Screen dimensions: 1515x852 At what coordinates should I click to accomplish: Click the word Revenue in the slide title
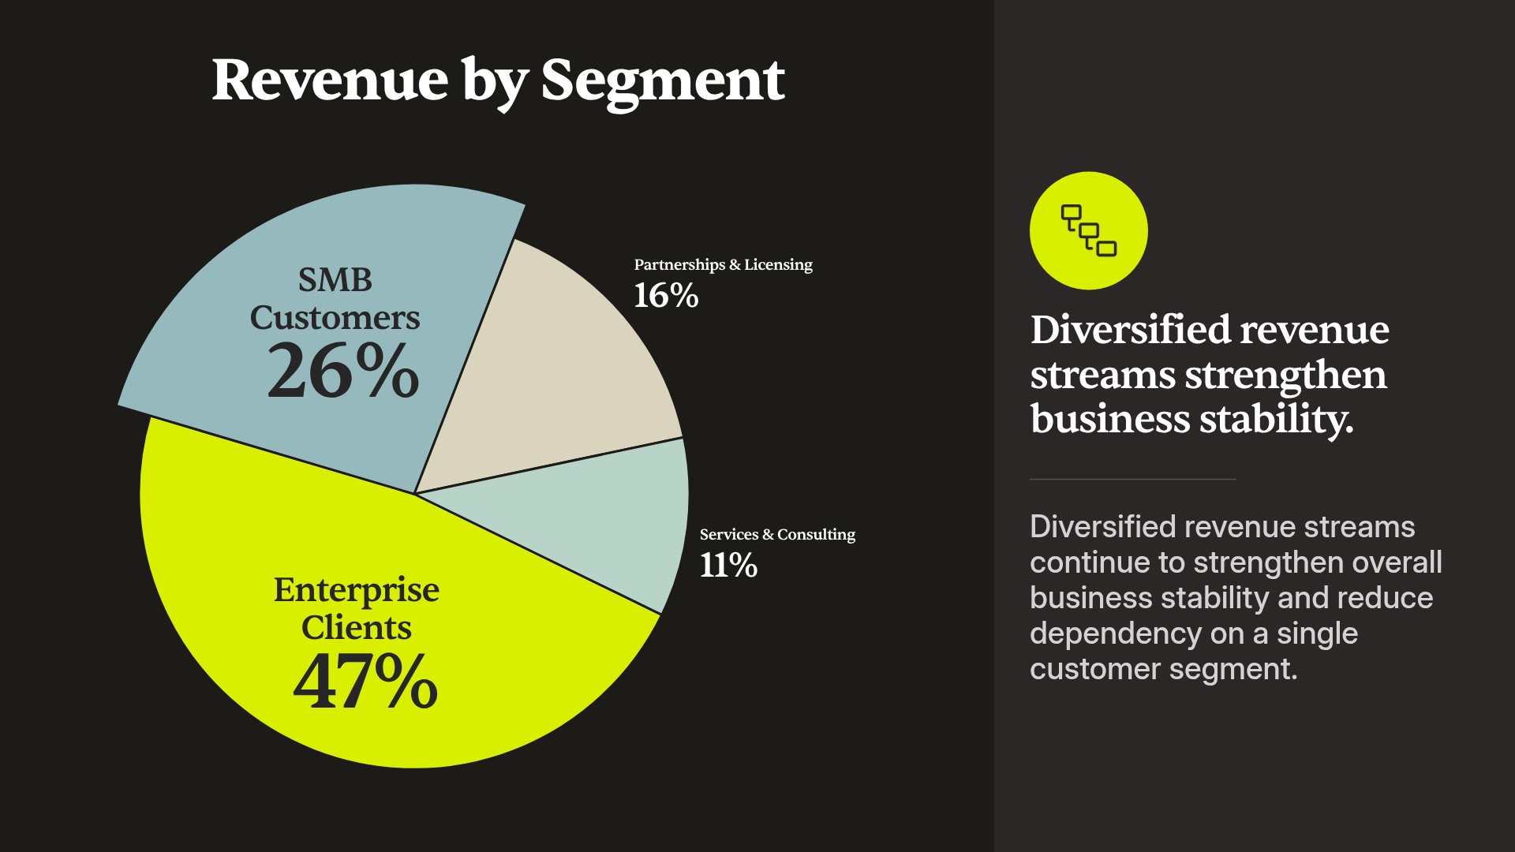tap(330, 80)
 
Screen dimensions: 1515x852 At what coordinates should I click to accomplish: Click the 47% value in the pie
tap(365, 680)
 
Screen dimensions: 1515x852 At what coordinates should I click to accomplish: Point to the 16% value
tap(666, 296)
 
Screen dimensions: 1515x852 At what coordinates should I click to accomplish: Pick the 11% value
tap(728, 566)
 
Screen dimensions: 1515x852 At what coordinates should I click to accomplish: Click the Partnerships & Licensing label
tap(724, 265)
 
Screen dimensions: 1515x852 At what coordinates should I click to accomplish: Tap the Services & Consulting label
tap(777, 535)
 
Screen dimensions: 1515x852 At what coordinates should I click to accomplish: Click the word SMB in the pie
tap(335, 280)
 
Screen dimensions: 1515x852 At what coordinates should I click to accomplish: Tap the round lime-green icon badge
tap(1089, 230)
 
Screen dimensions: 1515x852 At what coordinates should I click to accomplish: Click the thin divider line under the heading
tap(1132, 479)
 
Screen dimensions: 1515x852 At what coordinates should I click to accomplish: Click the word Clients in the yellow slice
tap(357, 628)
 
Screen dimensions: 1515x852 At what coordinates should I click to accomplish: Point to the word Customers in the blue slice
tap(335, 318)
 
